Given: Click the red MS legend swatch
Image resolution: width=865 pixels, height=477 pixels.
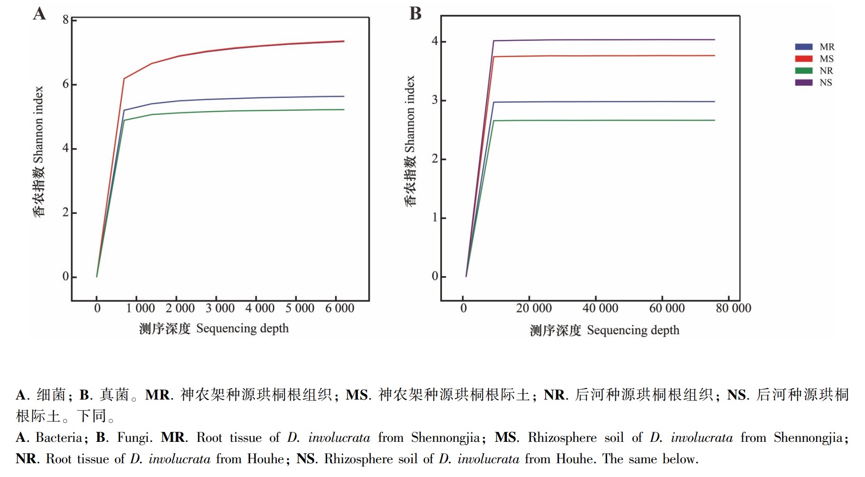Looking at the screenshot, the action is tap(804, 59).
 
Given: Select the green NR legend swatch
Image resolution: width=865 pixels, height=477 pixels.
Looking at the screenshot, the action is tap(804, 71).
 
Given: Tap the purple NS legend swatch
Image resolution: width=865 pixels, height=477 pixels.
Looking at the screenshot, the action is tap(804, 83).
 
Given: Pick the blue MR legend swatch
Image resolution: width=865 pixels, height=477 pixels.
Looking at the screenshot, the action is tap(804, 47).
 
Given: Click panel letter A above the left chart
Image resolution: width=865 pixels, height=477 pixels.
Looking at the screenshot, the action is tap(39, 13).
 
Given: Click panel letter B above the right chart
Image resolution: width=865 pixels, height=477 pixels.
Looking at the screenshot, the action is tap(415, 13).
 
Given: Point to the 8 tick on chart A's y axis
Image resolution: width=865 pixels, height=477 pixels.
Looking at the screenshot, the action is tap(66, 19).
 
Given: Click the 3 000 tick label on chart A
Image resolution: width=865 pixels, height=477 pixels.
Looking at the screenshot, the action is tap(220, 308).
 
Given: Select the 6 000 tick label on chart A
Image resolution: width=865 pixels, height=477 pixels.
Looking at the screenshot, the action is tap(339, 308).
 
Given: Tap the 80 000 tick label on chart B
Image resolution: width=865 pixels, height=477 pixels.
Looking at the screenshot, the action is tap(733, 308).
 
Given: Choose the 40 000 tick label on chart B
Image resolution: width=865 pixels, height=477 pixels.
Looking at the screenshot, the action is tap(601, 308).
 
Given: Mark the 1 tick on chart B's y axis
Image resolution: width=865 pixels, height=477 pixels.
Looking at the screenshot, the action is tap(435, 218).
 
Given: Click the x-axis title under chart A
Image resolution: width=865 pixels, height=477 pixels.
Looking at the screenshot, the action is tap(214, 328).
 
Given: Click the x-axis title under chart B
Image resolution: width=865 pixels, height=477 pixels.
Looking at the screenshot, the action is tap(604, 330).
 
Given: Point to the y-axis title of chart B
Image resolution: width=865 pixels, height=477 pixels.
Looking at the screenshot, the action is tap(410, 141).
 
